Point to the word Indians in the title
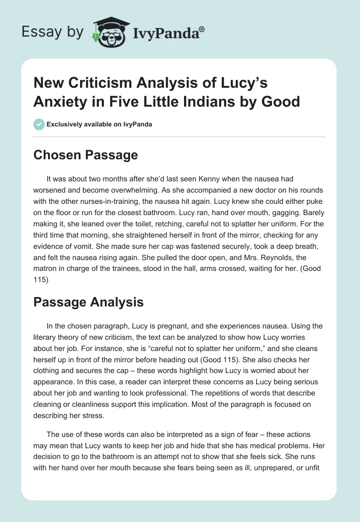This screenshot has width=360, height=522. click(x=187, y=101)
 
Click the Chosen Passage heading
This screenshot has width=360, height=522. click(x=85, y=155)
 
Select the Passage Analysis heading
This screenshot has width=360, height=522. click(x=89, y=302)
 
